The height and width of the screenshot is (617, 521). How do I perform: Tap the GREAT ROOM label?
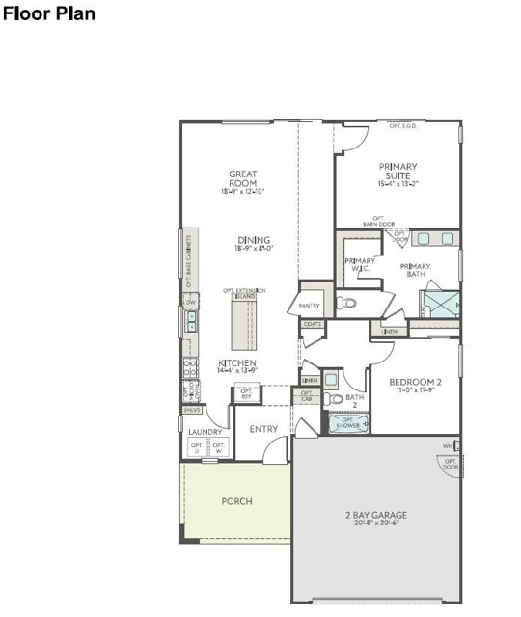pyautogui.click(x=242, y=178)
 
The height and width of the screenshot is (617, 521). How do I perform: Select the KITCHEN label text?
pyautogui.click(x=236, y=363)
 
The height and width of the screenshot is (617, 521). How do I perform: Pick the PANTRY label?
pyautogui.click(x=310, y=306)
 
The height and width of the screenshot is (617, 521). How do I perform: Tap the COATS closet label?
pyautogui.click(x=313, y=325)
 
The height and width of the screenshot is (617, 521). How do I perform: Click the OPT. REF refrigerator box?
pyautogui.click(x=246, y=392)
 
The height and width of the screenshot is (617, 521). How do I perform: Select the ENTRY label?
pyautogui.click(x=263, y=429)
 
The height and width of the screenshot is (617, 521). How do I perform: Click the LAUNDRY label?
pyautogui.click(x=206, y=432)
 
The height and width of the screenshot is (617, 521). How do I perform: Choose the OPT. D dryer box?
pyautogui.click(x=198, y=448)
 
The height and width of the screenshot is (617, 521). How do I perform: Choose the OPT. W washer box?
pyautogui.click(x=219, y=448)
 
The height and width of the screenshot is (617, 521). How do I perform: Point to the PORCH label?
pyautogui.click(x=237, y=501)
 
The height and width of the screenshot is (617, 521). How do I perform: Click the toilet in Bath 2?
pyautogui.click(x=334, y=398)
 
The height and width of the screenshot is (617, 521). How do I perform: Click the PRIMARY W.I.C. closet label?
pyautogui.click(x=360, y=265)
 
